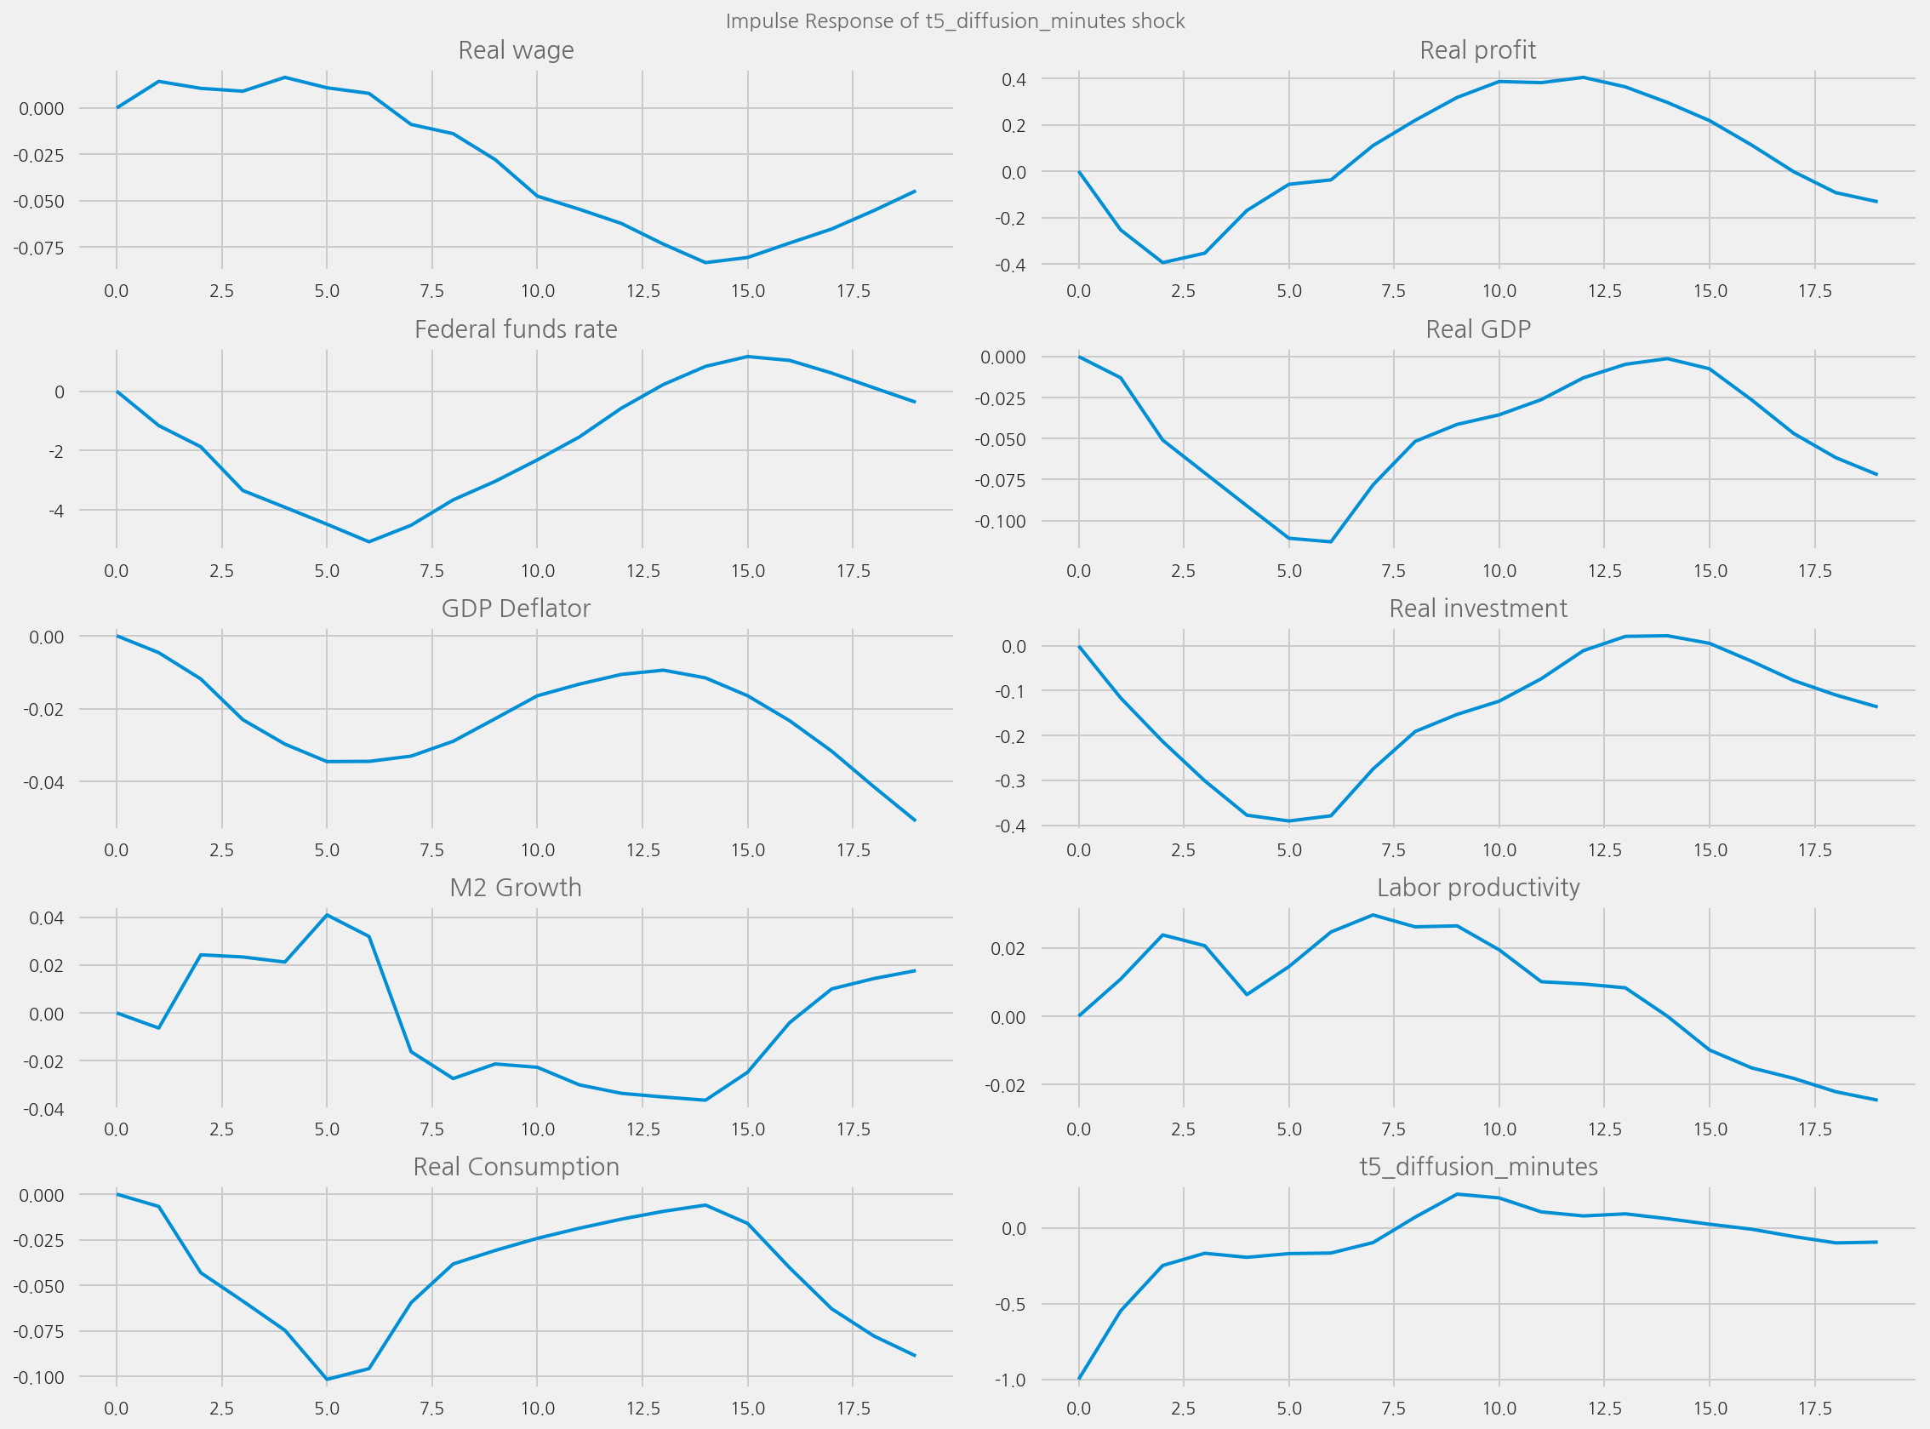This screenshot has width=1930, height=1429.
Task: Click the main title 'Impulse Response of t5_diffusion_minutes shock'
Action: [x=955, y=21]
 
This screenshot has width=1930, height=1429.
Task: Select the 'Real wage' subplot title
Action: [x=516, y=50]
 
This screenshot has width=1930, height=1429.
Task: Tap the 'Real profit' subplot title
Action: [x=1478, y=50]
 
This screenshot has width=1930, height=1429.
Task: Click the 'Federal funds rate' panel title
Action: [x=516, y=329]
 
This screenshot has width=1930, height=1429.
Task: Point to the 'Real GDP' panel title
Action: [x=1478, y=329]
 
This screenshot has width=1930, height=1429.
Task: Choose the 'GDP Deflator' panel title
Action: [x=516, y=609]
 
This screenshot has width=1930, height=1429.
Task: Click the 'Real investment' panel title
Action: [x=1478, y=609]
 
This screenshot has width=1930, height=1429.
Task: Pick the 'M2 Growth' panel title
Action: [x=516, y=888]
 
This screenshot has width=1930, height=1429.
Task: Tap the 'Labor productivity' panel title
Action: [x=1478, y=888]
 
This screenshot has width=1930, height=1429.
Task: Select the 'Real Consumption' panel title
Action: [x=516, y=1167]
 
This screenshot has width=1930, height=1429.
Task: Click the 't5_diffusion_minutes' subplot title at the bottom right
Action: [x=1478, y=1167]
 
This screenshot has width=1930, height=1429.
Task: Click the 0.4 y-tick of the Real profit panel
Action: [x=1014, y=80]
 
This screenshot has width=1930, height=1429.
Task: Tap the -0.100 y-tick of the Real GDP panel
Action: [x=1000, y=522]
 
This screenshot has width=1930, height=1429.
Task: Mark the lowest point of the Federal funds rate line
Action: [x=369, y=542]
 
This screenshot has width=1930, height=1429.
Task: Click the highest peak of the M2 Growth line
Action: [x=327, y=914]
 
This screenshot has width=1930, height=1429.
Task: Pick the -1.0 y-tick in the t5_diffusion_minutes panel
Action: [x=1009, y=1380]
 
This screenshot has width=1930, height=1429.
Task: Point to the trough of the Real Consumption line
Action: [x=327, y=1380]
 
